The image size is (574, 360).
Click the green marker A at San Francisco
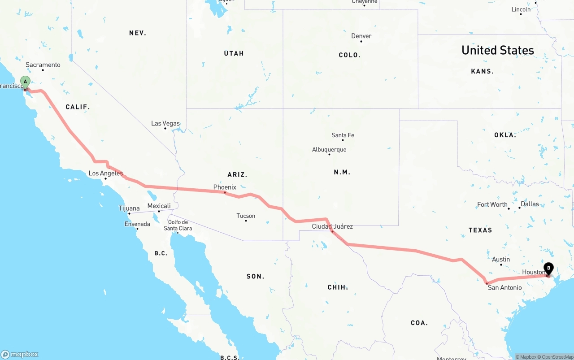click(x=26, y=82)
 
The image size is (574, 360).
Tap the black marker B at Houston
click(x=548, y=269)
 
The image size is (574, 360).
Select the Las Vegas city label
click(x=165, y=123)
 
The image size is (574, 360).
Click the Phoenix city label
click(x=225, y=187)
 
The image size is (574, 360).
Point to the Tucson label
click(x=246, y=216)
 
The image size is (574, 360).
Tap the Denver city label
click(x=361, y=36)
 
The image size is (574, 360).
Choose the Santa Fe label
click(x=343, y=135)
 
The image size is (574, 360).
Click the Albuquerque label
click(x=329, y=149)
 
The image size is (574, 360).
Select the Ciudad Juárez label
click(x=332, y=226)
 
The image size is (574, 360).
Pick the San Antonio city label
click(x=504, y=287)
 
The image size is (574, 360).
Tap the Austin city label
click(x=501, y=259)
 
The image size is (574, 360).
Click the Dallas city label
click(x=530, y=204)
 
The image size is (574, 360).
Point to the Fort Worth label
click(x=492, y=204)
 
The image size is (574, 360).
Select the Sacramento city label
click(x=43, y=65)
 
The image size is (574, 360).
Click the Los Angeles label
click(x=105, y=173)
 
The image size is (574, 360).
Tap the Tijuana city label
click(x=129, y=208)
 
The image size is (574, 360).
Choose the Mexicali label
click(x=159, y=206)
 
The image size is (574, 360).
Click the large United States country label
click(x=498, y=50)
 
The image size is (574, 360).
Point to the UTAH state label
click(x=234, y=53)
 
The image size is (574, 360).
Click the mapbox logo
click(x=20, y=354)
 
